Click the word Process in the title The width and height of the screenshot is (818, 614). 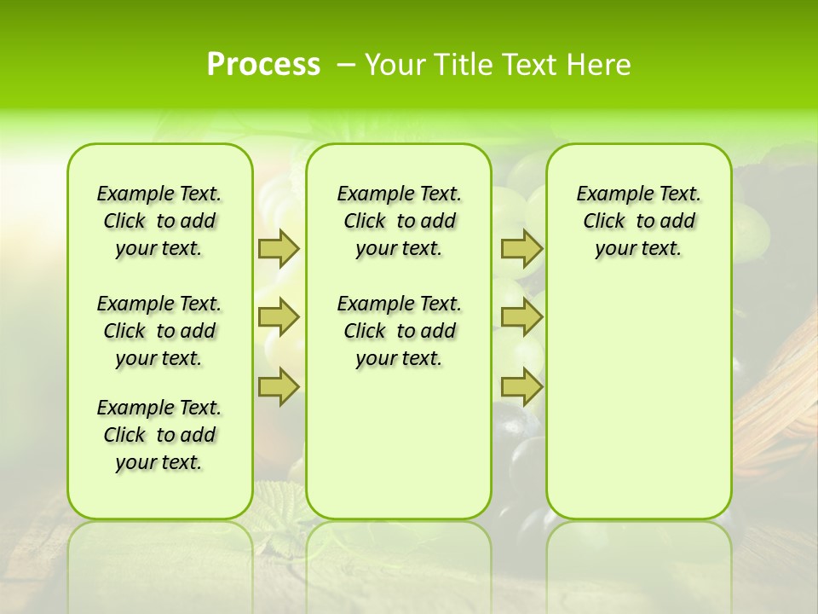tap(263, 65)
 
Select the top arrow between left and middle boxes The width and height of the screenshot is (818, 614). tap(278, 248)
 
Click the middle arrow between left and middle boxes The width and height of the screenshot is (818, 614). tap(278, 317)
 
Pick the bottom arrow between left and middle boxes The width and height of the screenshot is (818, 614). tap(278, 386)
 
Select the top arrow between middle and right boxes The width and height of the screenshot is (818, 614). tap(521, 248)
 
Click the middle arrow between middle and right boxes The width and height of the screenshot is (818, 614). tap(521, 317)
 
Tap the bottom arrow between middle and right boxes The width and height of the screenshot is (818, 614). tap(521, 386)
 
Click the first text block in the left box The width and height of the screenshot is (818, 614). tap(159, 221)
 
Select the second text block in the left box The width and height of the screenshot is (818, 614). tap(159, 331)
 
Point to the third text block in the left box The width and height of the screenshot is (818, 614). tap(159, 435)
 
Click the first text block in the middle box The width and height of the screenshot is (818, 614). tap(399, 221)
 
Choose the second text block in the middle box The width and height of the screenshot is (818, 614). tap(399, 331)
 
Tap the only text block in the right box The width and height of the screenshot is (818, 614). tap(638, 221)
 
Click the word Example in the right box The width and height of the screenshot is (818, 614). tap(608, 194)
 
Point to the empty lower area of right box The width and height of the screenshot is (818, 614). tap(638, 401)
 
